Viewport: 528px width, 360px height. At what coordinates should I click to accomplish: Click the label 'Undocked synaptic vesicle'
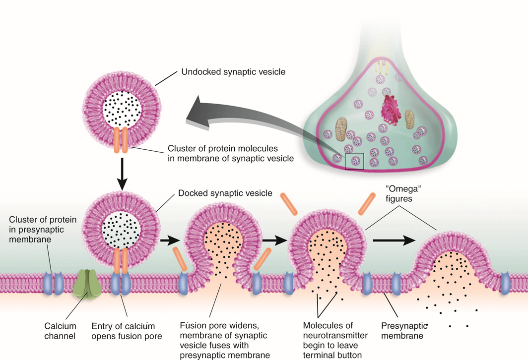click(233, 72)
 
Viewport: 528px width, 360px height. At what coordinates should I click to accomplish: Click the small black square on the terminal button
click(355, 161)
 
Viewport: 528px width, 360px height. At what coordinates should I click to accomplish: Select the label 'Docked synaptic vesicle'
click(224, 193)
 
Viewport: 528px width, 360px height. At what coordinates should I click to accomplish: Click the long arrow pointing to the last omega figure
click(394, 240)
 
